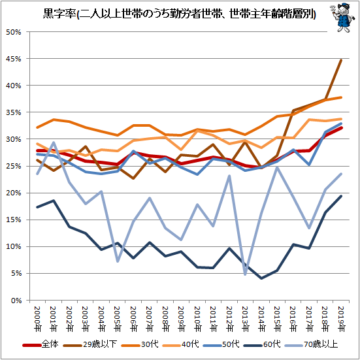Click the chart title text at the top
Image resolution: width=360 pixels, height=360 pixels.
179,14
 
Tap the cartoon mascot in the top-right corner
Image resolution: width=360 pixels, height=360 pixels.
342,18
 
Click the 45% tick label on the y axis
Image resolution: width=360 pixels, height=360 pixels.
14,59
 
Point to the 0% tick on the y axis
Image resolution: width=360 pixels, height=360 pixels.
16,301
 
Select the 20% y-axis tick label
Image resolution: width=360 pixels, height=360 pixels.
14,193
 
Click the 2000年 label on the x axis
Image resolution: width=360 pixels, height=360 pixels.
38,319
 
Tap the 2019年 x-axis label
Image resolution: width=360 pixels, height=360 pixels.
342,319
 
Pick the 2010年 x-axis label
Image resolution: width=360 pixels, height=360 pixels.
197,319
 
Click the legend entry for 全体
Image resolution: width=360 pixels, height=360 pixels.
41,344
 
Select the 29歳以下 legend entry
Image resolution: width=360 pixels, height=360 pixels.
90,344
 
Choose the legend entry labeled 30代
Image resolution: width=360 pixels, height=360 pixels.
140,344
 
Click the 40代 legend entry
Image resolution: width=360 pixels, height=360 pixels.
180,344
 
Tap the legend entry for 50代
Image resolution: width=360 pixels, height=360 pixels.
221,344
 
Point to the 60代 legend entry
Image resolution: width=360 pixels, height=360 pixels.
262,344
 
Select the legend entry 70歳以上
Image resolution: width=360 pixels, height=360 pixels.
312,344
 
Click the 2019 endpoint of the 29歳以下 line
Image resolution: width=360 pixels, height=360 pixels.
341,60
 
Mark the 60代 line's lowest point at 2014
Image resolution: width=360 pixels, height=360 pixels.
261,278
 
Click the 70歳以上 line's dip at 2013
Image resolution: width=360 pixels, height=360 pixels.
246,274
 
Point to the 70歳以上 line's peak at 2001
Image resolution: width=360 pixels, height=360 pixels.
54,142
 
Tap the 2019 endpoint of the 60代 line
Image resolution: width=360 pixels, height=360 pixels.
341,196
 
